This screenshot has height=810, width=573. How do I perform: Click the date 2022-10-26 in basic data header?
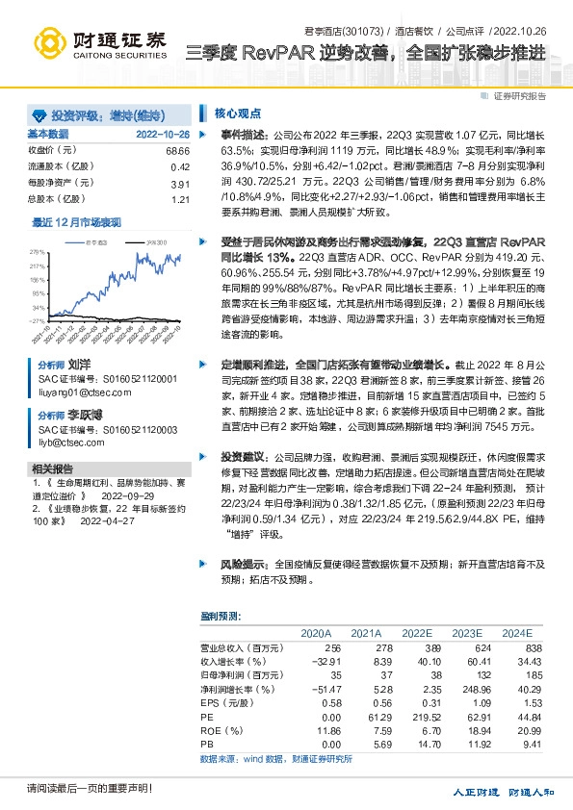click(163, 135)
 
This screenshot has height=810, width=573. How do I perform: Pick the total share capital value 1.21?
click(181, 199)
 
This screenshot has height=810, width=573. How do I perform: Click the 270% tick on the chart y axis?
click(39, 250)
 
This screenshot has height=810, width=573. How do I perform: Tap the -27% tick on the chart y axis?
click(38, 320)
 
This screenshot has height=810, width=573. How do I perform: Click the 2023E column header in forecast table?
click(466, 633)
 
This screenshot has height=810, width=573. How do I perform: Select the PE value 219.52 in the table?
click(415, 716)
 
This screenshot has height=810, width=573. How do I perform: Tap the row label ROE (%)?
click(221, 730)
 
